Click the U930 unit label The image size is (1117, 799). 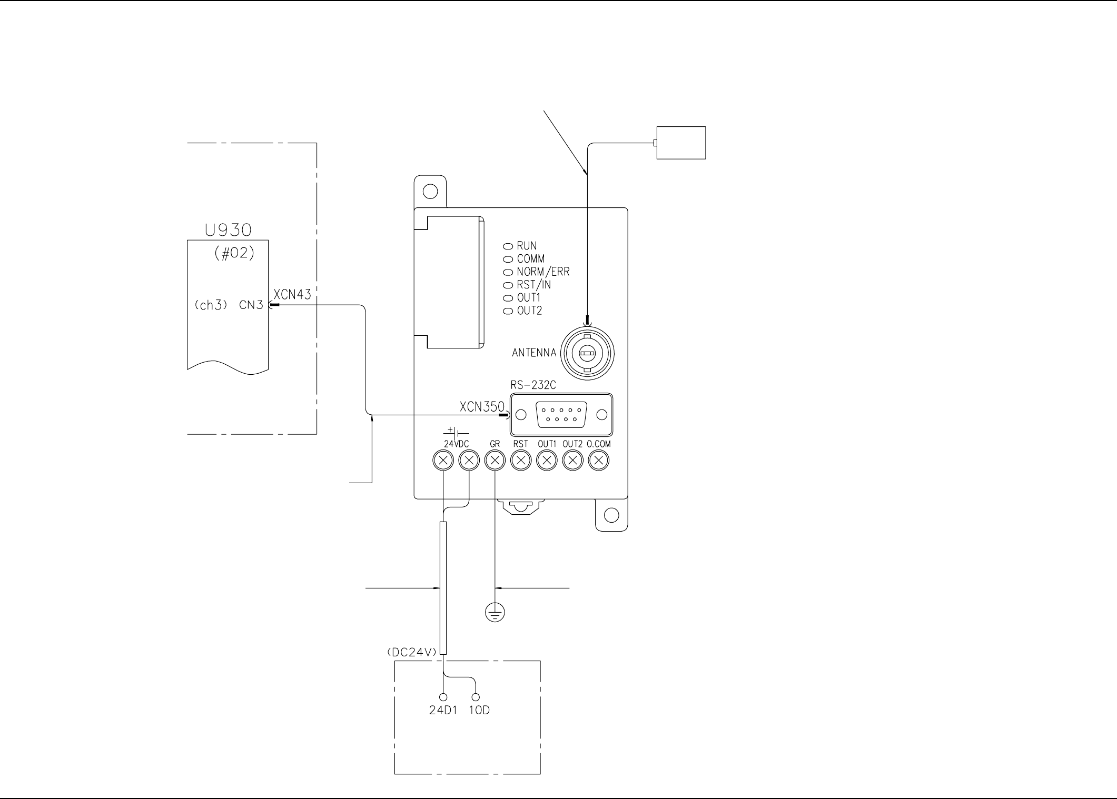click(228, 230)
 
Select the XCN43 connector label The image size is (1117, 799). click(292, 295)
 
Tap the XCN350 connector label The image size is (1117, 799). click(482, 407)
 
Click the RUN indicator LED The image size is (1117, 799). click(508, 246)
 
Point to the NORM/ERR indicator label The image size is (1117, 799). click(543, 272)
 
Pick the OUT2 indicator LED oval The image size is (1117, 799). click(508, 311)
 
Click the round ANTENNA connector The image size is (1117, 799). click(587, 353)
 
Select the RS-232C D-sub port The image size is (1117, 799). click(561, 415)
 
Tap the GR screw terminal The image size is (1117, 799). click(495, 461)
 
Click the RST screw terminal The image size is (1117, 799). click(521, 461)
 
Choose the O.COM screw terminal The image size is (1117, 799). click(598, 461)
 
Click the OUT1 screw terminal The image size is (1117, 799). click(547, 461)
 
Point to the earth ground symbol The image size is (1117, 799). click(495, 612)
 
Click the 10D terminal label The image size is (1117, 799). click(479, 710)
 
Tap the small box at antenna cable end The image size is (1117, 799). click(681, 143)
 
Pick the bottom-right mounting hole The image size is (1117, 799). click(611, 515)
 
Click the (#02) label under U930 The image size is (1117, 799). click(234, 253)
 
